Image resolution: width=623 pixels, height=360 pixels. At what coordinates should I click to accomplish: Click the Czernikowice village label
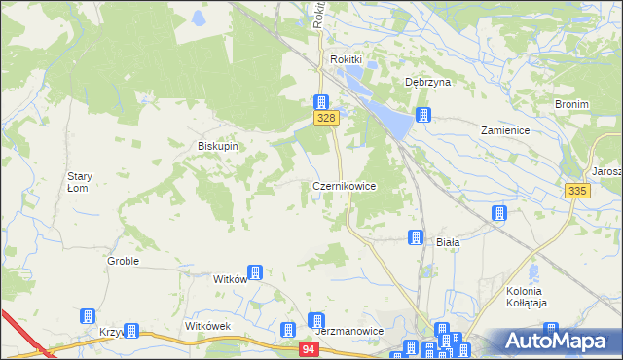click(344, 185)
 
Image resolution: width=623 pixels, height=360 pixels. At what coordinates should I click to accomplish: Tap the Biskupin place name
click(218, 146)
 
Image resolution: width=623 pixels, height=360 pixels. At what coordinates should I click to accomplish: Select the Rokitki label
click(346, 59)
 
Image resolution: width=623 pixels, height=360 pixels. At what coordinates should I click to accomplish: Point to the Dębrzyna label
click(428, 83)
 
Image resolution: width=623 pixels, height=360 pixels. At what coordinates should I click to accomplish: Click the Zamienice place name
click(504, 129)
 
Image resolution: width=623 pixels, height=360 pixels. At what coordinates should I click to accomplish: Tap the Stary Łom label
click(79, 182)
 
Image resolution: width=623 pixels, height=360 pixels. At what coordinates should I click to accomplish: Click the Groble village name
click(123, 261)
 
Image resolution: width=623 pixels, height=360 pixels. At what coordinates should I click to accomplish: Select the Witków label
click(230, 278)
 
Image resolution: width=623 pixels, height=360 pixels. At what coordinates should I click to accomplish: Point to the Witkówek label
click(207, 326)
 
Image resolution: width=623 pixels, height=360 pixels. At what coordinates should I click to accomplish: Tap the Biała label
click(447, 241)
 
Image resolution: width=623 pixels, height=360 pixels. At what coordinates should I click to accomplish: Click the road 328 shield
click(326, 118)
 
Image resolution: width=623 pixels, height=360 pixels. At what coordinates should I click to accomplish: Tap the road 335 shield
click(576, 192)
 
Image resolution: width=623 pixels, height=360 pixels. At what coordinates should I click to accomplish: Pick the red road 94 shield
click(309, 348)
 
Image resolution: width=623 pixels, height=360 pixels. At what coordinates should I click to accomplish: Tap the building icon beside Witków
click(255, 273)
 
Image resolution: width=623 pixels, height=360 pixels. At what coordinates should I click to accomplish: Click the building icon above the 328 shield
click(320, 101)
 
